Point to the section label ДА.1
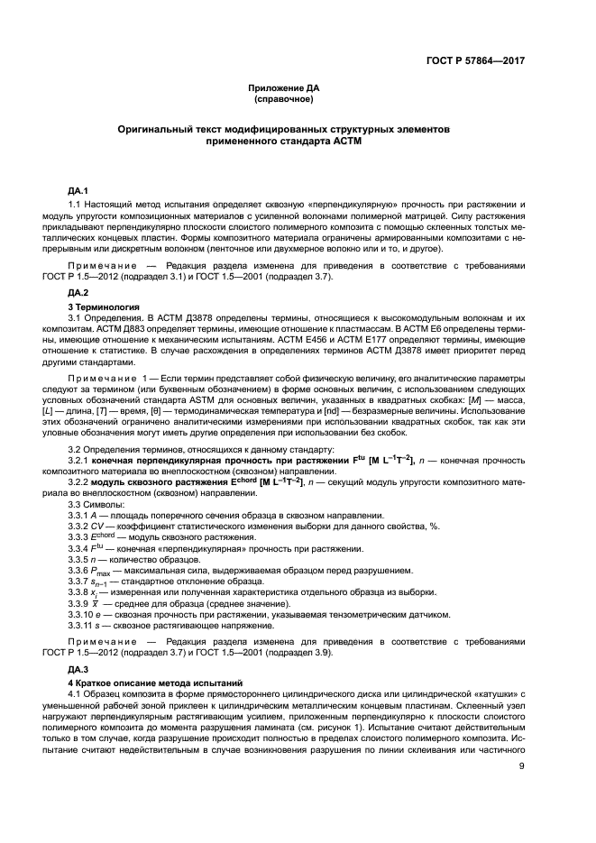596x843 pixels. pos(78,191)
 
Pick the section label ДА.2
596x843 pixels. pos(78,294)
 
